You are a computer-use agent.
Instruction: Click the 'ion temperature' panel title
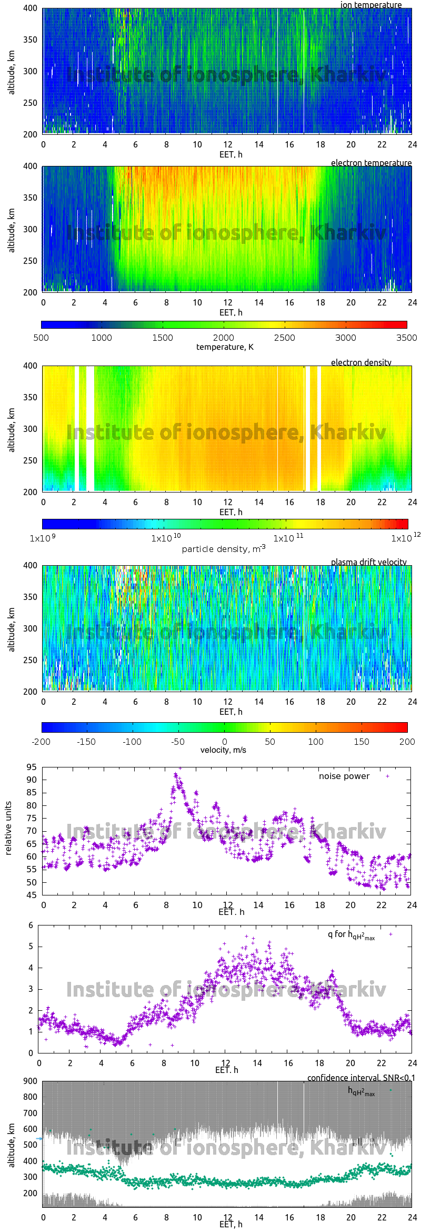[x=371, y=5]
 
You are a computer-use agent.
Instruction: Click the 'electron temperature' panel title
[x=371, y=163]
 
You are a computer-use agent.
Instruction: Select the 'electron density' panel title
[x=361, y=362]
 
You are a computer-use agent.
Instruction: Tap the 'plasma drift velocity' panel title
[x=368, y=562]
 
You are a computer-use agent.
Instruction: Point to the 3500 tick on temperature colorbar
[x=406, y=338]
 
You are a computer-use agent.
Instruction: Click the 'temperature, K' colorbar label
[x=225, y=347]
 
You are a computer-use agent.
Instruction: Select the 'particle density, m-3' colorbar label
[x=224, y=548]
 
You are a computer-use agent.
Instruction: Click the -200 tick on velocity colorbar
[x=41, y=742]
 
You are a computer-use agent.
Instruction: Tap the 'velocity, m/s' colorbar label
[x=223, y=750]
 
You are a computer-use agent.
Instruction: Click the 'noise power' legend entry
[x=344, y=776]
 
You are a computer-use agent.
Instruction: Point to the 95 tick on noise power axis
[x=32, y=767]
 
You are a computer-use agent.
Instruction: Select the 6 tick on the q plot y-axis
[x=31, y=925]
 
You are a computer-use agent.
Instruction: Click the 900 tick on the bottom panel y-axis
[x=31, y=1081]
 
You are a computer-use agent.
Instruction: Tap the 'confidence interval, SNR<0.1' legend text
[x=361, y=1078]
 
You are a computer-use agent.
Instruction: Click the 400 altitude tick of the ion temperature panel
[x=30, y=8]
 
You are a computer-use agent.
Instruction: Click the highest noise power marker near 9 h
[x=180, y=768]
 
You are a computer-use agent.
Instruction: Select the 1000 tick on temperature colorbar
[x=102, y=338]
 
